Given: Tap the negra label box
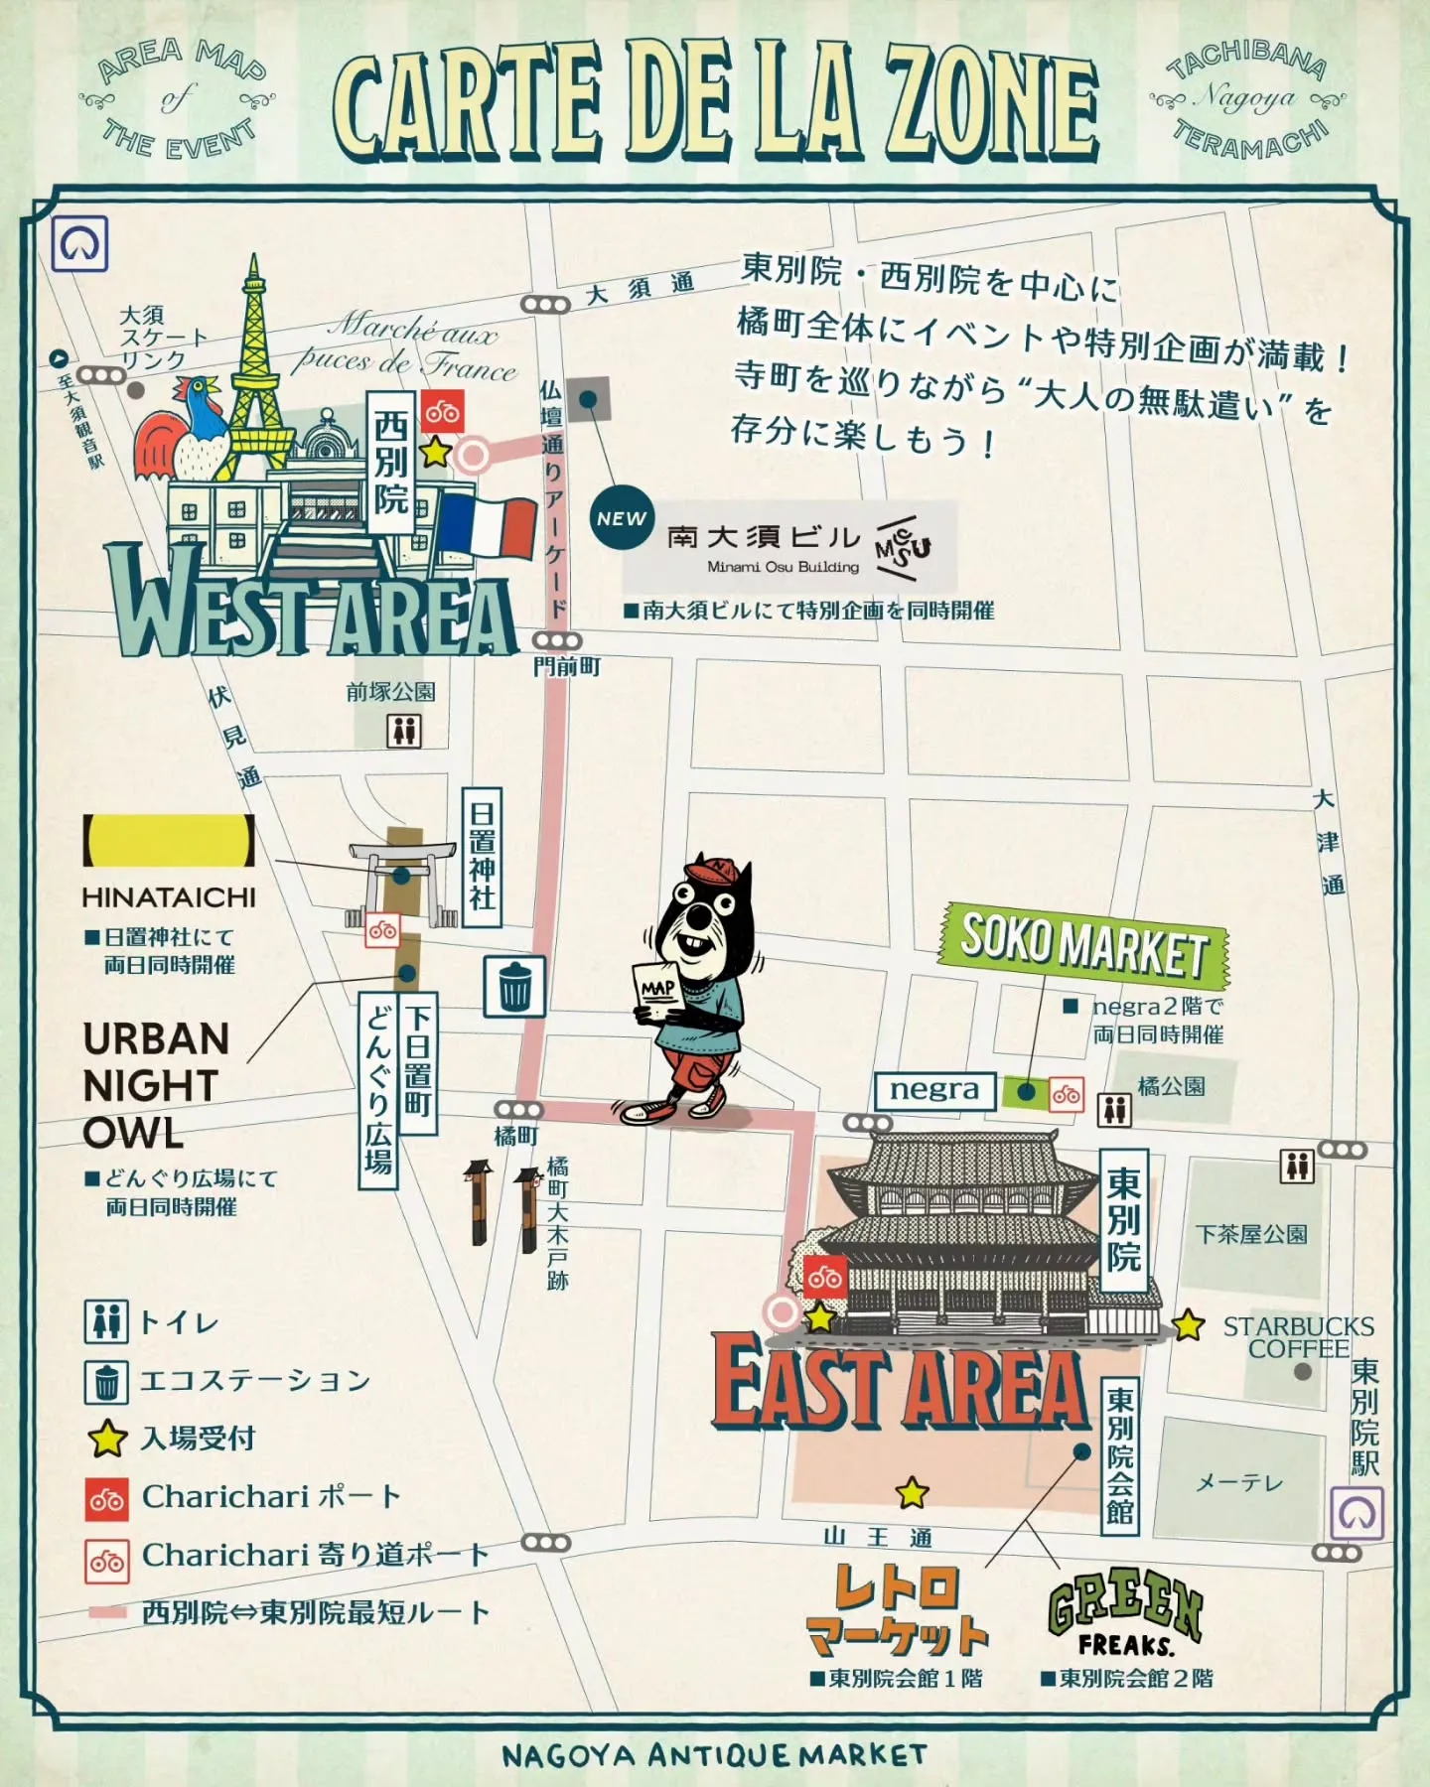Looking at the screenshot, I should tap(933, 1090).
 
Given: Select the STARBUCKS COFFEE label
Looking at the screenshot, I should tap(1298, 1337).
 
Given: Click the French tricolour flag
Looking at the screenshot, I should tap(487, 526).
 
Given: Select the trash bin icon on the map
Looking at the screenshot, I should tap(514, 986).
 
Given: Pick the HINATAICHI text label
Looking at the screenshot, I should tap(169, 897).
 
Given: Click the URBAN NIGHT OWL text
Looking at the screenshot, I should tap(157, 1085).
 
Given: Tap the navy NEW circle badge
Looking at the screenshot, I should tap(622, 517).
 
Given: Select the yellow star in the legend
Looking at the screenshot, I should tap(106, 1439).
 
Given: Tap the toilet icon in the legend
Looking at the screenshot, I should tap(106, 1322).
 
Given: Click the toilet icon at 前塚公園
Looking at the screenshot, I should tap(403, 731).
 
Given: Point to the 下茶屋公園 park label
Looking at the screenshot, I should tap(1251, 1234).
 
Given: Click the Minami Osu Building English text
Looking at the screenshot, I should tap(783, 567).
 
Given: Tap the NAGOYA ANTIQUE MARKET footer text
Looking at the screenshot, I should tap(715, 1755).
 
